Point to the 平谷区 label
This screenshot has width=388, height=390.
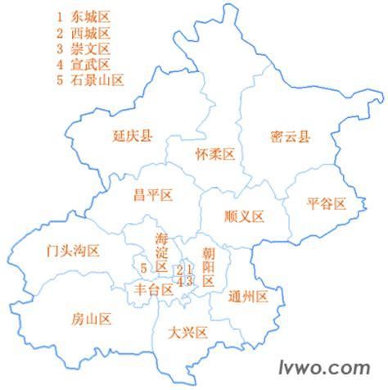tap(327, 202)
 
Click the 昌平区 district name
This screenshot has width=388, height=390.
tap(153, 195)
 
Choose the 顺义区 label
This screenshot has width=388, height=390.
tap(244, 216)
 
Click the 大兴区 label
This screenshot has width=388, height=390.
tap(187, 332)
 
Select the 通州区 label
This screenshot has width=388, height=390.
tap(249, 296)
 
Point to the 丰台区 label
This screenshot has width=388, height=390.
tap(153, 289)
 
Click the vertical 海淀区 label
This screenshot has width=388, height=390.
tap(161, 252)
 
